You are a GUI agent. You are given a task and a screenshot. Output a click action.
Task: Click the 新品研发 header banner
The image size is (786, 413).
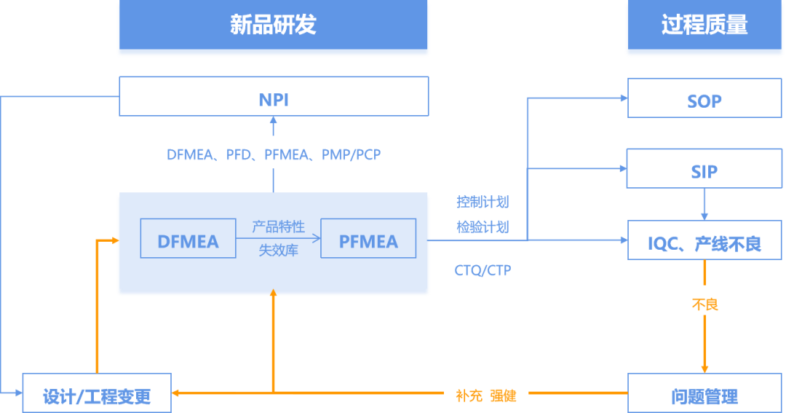pyautogui.click(x=273, y=26)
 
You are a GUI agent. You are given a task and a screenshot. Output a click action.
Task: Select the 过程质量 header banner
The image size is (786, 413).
pyautogui.click(x=704, y=26)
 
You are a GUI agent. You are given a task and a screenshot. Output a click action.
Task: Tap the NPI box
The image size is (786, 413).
pyautogui.click(x=274, y=97)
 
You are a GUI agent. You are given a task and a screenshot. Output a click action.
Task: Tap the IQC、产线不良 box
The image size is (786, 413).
pyautogui.click(x=704, y=241)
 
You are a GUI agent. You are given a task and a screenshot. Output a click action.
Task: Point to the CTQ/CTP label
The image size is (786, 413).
pyautogui.click(x=483, y=270)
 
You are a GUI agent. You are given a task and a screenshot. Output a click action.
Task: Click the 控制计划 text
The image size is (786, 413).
pyautogui.click(x=483, y=202)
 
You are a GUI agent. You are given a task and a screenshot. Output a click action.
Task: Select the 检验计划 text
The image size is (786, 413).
pyautogui.click(x=483, y=227)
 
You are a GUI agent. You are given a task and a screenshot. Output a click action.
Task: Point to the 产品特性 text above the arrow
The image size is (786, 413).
pyautogui.click(x=278, y=227)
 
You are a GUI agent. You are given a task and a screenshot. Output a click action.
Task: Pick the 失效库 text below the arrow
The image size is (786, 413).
pyautogui.click(x=278, y=251)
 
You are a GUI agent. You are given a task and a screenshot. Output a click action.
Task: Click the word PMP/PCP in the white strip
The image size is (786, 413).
pyautogui.click(x=352, y=154)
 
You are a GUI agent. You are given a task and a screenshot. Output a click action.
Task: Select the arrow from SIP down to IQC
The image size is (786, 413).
pyautogui.click(x=704, y=205)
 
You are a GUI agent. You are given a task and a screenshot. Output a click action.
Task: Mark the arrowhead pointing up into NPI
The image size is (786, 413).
pyautogui.click(x=274, y=122)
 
